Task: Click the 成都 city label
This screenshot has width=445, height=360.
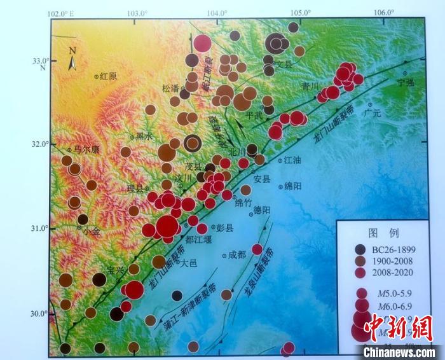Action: [236, 254]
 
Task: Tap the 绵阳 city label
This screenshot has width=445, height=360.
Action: [293, 186]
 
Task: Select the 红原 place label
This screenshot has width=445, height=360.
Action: [109, 76]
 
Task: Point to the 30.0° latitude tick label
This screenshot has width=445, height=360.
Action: [39, 313]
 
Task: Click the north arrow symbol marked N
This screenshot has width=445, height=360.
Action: [73, 59]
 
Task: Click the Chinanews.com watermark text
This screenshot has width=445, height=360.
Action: [400, 351]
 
